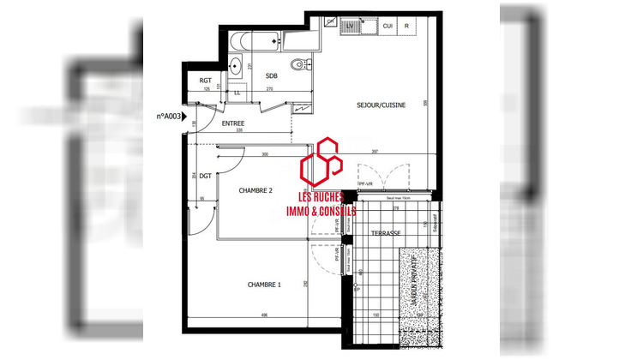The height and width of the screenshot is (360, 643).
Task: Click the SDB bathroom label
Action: (271, 75)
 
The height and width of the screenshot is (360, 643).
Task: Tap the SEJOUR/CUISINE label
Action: (381, 105)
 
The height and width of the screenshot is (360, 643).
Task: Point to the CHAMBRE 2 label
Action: (255, 190)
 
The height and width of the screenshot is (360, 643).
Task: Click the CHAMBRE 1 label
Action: (263, 285)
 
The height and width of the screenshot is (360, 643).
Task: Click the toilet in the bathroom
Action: (298, 64)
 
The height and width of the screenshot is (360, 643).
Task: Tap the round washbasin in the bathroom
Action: (236, 64)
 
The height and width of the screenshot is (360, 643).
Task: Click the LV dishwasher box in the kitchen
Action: (350, 27)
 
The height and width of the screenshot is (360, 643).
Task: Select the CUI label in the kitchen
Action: (388, 27)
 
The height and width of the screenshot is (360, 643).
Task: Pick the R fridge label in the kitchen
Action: (406, 27)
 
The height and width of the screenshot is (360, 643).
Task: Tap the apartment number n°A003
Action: (168, 116)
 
